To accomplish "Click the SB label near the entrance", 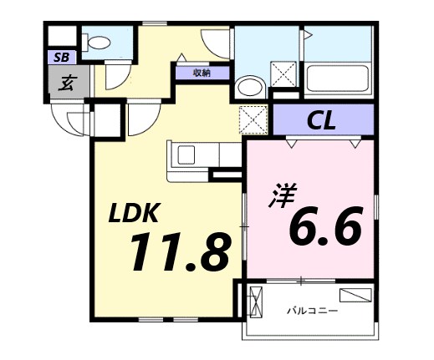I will [61, 58].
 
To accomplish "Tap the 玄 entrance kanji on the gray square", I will [64, 83].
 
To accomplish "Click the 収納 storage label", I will [202, 73].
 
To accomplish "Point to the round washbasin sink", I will [248, 86].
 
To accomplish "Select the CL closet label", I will [320, 120].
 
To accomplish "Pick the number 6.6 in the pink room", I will [325, 226].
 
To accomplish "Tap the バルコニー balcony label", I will [312, 312].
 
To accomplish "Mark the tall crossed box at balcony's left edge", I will [256, 302].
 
